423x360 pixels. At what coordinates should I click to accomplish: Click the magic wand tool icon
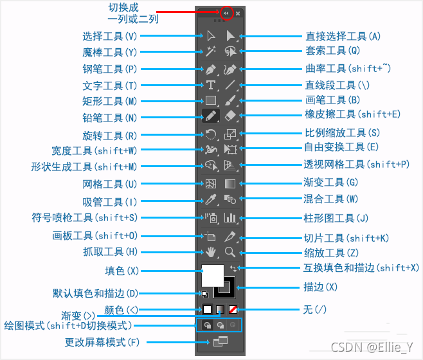[x=210, y=51]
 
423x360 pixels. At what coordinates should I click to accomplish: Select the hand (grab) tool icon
[x=210, y=251]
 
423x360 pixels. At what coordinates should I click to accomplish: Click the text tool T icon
[x=210, y=85]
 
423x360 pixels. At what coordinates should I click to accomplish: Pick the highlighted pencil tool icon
[x=210, y=116]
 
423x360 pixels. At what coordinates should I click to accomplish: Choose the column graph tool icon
[x=230, y=218]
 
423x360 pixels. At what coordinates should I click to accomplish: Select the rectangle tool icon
[x=210, y=100]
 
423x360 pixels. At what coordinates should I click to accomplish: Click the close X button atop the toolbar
[x=238, y=13]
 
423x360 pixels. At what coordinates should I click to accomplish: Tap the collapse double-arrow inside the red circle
[x=226, y=13]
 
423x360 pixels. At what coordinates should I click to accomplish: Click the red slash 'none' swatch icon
[x=233, y=309]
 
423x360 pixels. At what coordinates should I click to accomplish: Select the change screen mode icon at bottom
[x=220, y=342]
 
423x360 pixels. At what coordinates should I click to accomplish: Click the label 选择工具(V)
[x=110, y=36]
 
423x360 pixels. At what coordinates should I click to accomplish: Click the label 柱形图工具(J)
[x=336, y=218]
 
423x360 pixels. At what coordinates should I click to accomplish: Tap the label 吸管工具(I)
[x=110, y=201]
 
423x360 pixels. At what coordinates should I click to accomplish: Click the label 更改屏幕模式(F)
[x=102, y=342]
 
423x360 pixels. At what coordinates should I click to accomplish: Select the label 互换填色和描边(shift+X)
[x=361, y=267]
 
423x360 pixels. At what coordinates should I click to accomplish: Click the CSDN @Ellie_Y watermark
[x=375, y=346]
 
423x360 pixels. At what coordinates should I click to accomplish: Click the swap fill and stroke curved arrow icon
[x=234, y=267]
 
